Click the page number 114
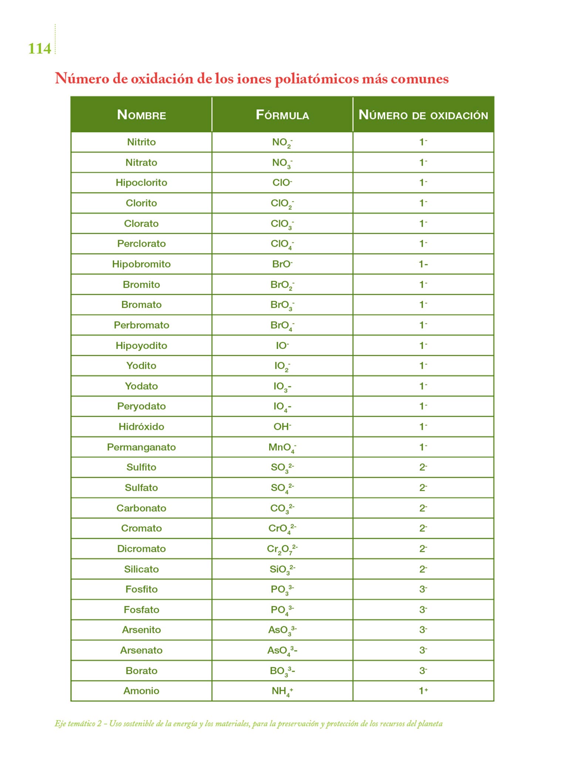pos(40,49)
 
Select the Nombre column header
pos(141,115)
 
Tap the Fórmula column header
pos(282,115)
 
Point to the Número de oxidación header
pos(423,115)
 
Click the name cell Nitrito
pos(141,142)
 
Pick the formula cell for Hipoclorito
pos(282,183)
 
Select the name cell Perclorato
pos(141,244)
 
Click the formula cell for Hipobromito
pos(282,264)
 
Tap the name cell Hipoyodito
pos(141,346)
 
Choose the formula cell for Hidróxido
pos(282,427)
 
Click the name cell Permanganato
pos(141,447)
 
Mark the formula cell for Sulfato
pos(282,488)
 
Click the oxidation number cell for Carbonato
pos(423,508)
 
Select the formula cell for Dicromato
pos(282,549)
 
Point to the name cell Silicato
pos(141,569)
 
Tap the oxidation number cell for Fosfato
pos(423,610)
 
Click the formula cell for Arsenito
pos(282,630)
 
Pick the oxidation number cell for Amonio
pos(423,690)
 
